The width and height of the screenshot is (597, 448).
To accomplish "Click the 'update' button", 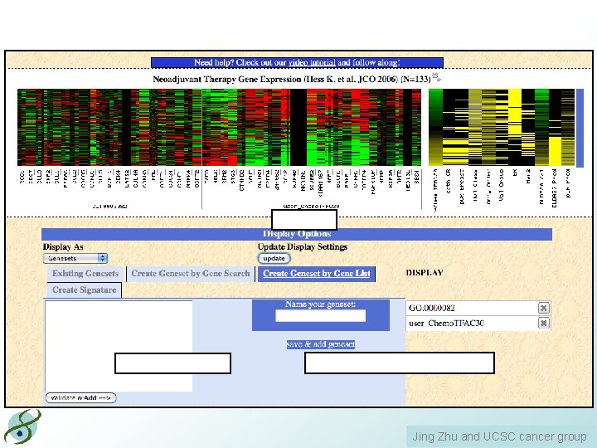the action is tap(274, 258).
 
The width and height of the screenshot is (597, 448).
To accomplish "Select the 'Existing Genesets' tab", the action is tap(85, 274).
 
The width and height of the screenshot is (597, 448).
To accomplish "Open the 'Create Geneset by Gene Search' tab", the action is tap(191, 274).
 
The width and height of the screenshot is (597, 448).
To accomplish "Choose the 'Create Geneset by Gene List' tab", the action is tap(316, 274).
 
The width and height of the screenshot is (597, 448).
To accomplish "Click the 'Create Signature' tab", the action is tap(84, 290).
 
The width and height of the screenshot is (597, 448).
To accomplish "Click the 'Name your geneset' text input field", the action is tap(320, 316).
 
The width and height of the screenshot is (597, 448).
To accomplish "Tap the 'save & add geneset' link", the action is tap(321, 344).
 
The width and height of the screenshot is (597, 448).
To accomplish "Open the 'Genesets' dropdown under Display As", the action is tap(76, 258).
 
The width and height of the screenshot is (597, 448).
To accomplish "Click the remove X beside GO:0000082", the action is tap(544, 308).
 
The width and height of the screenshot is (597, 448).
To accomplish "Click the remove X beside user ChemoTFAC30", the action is tap(544, 323).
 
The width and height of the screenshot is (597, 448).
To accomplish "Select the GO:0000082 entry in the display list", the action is tap(469, 308).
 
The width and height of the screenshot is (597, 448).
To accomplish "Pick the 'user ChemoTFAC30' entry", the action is tap(469, 323).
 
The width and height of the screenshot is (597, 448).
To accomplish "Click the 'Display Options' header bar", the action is tap(297, 234).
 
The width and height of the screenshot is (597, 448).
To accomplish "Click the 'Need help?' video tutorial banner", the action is tap(297, 62).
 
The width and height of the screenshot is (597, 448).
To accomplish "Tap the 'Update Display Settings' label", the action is tap(303, 246).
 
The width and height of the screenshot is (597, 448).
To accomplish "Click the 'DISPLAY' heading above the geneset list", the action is tap(425, 272).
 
